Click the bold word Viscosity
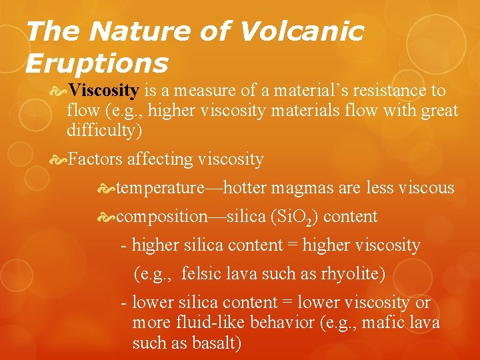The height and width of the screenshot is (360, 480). point(103,91)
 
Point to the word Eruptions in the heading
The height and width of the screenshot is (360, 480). point(97,63)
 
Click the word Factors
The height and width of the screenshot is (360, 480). point(95,160)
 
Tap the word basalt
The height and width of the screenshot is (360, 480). point(213,344)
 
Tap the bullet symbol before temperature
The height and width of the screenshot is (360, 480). point(106,189)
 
